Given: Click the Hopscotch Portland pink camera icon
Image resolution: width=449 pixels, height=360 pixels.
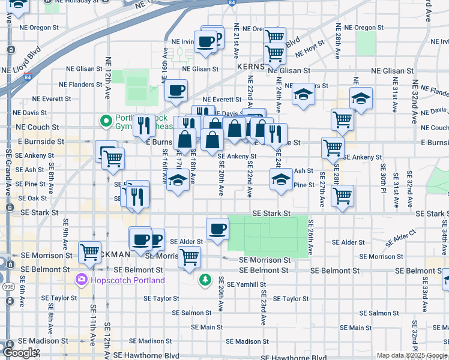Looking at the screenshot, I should tap(81, 280).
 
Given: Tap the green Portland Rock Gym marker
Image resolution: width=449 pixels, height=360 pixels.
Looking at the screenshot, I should tap(107, 121).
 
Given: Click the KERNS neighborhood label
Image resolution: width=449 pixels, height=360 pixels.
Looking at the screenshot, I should tap(250, 66).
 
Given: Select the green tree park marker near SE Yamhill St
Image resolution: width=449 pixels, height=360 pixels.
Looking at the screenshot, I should tap(205, 280).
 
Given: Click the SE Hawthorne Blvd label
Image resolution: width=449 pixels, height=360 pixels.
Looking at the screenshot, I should tap(146, 356).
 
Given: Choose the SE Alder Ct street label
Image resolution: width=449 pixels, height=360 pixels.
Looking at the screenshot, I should tap(401, 234).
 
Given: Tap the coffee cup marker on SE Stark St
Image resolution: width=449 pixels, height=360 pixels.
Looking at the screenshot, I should tap(217, 228).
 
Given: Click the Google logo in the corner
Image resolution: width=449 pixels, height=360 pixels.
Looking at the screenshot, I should tap(19, 353).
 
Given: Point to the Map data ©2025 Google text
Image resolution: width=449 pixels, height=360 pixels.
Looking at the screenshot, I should tap(412, 355).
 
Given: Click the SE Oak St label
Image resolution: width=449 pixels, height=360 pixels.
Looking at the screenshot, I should tap(33, 198).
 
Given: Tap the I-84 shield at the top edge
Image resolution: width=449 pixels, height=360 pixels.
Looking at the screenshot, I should tap(231, 3).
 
